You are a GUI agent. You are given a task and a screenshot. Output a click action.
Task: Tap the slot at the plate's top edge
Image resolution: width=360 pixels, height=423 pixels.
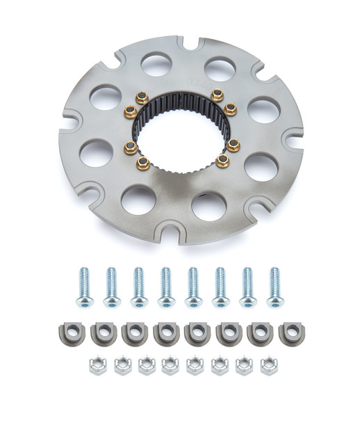tap(183, 43)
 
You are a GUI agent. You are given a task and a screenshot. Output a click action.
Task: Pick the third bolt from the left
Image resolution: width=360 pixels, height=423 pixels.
tap(138, 286)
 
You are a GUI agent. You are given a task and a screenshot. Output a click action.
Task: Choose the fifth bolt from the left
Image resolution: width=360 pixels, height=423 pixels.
tap(193, 286)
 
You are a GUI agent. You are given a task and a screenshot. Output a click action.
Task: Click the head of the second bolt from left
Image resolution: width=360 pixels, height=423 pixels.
tap(111, 301)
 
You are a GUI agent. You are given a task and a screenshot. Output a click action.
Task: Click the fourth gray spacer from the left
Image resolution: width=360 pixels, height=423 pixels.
tap(164, 333)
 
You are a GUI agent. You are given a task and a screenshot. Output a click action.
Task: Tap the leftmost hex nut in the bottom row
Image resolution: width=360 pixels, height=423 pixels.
tap(97, 366)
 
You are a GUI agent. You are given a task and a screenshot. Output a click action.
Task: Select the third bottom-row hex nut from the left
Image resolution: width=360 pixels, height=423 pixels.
tap(146, 366)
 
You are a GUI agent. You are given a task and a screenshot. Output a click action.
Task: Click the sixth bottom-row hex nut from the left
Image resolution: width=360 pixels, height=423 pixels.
tap(220, 366)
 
